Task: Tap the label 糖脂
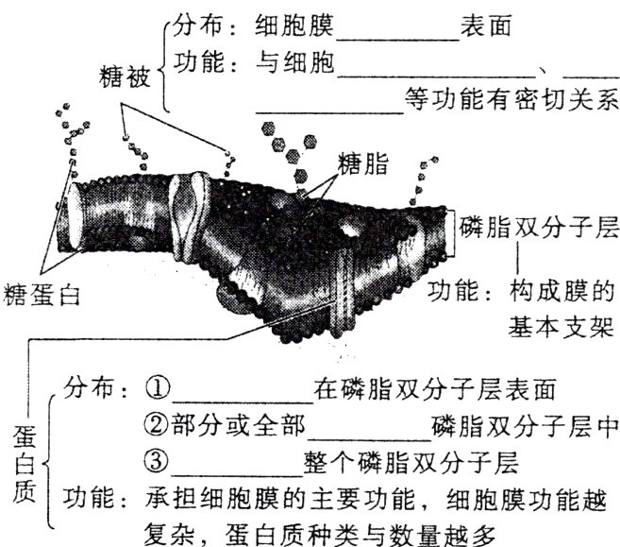[362, 162]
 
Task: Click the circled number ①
[156, 388]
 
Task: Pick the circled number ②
[156, 426]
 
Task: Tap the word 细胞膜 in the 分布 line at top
[295, 28]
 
